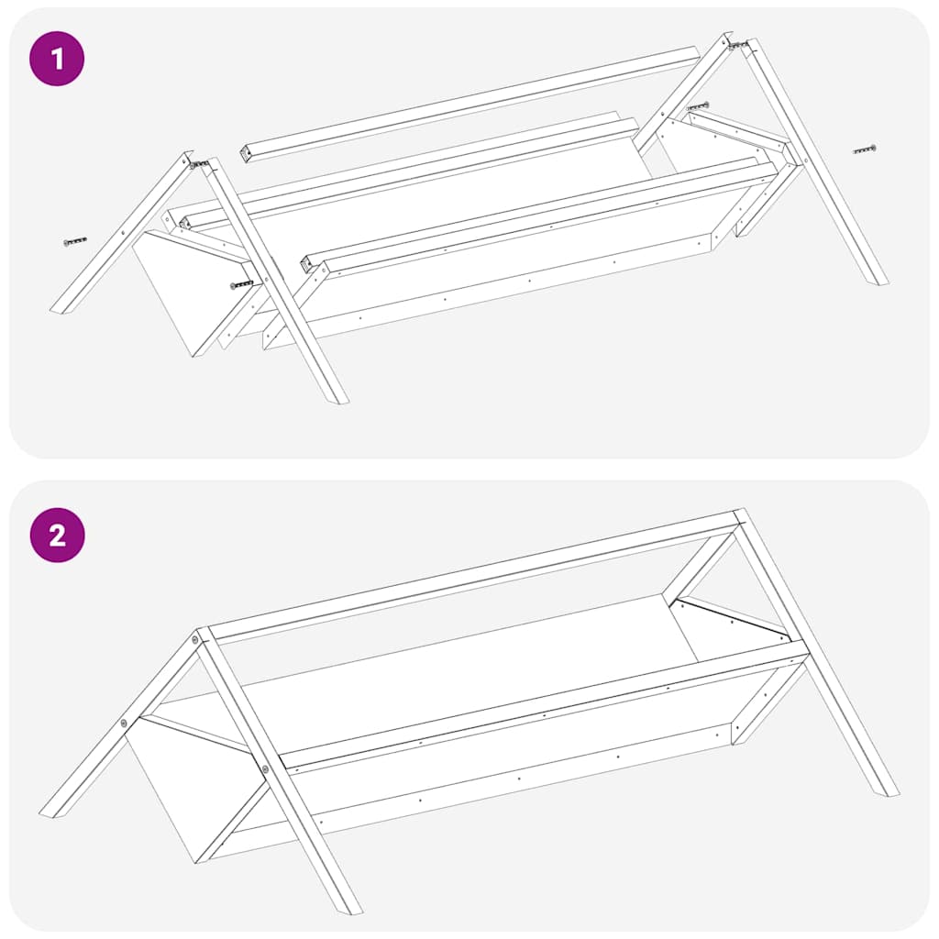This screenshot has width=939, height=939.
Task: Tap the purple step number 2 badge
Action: [x=57, y=535]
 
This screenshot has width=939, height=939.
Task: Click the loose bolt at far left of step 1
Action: [x=75, y=242]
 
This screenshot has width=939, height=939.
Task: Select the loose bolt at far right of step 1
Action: [x=863, y=149]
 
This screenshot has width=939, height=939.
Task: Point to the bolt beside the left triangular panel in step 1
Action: [x=242, y=284]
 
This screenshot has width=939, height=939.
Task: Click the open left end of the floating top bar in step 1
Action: [x=246, y=153]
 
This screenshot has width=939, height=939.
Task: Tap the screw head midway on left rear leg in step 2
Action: [x=124, y=724]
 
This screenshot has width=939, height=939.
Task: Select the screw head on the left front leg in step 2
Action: [x=265, y=768]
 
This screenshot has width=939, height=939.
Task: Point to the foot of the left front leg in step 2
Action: [x=350, y=909]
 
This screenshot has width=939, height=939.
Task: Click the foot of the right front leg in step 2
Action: [x=888, y=790]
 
